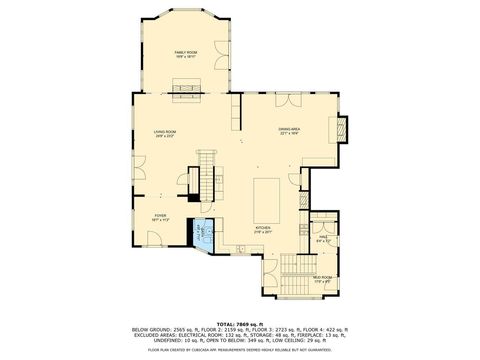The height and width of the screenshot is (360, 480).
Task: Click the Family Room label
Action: coord(185,54)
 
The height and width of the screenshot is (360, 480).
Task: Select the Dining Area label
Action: coord(290,131)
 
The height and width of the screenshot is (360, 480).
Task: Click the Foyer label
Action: coord(160,215)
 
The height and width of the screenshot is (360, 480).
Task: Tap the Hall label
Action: coord(322,238)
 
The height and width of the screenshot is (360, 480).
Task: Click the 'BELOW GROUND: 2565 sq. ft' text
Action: coord(163,330)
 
